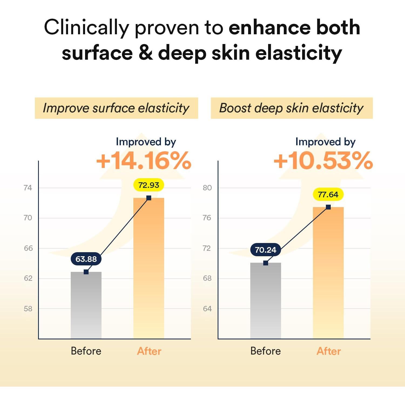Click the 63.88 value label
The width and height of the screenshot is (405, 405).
(x=86, y=259)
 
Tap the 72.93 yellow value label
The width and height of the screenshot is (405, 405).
(x=149, y=185)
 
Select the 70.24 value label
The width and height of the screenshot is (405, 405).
(x=266, y=250)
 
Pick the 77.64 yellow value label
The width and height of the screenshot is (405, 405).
(x=328, y=195)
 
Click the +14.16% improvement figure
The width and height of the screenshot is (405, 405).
(x=144, y=161)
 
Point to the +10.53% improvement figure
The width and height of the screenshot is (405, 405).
(x=323, y=161)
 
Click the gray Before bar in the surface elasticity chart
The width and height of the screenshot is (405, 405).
(x=86, y=305)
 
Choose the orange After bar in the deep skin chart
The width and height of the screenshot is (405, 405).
(x=328, y=273)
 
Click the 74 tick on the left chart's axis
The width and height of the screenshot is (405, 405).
(x=28, y=188)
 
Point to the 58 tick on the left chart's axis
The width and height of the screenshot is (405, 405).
(x=28, y=309)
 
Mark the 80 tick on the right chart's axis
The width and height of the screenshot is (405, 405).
(x=207, y=188)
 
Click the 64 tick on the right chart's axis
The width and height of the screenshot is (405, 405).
(x=207, y=309)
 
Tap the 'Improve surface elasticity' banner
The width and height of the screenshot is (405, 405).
(x=116, y=108)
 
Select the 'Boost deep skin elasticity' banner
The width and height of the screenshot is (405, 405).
(x=292, y=108)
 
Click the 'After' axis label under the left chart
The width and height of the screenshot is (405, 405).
(x=149, y=351)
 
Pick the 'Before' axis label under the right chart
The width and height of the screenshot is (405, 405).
(x=265, y=351)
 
